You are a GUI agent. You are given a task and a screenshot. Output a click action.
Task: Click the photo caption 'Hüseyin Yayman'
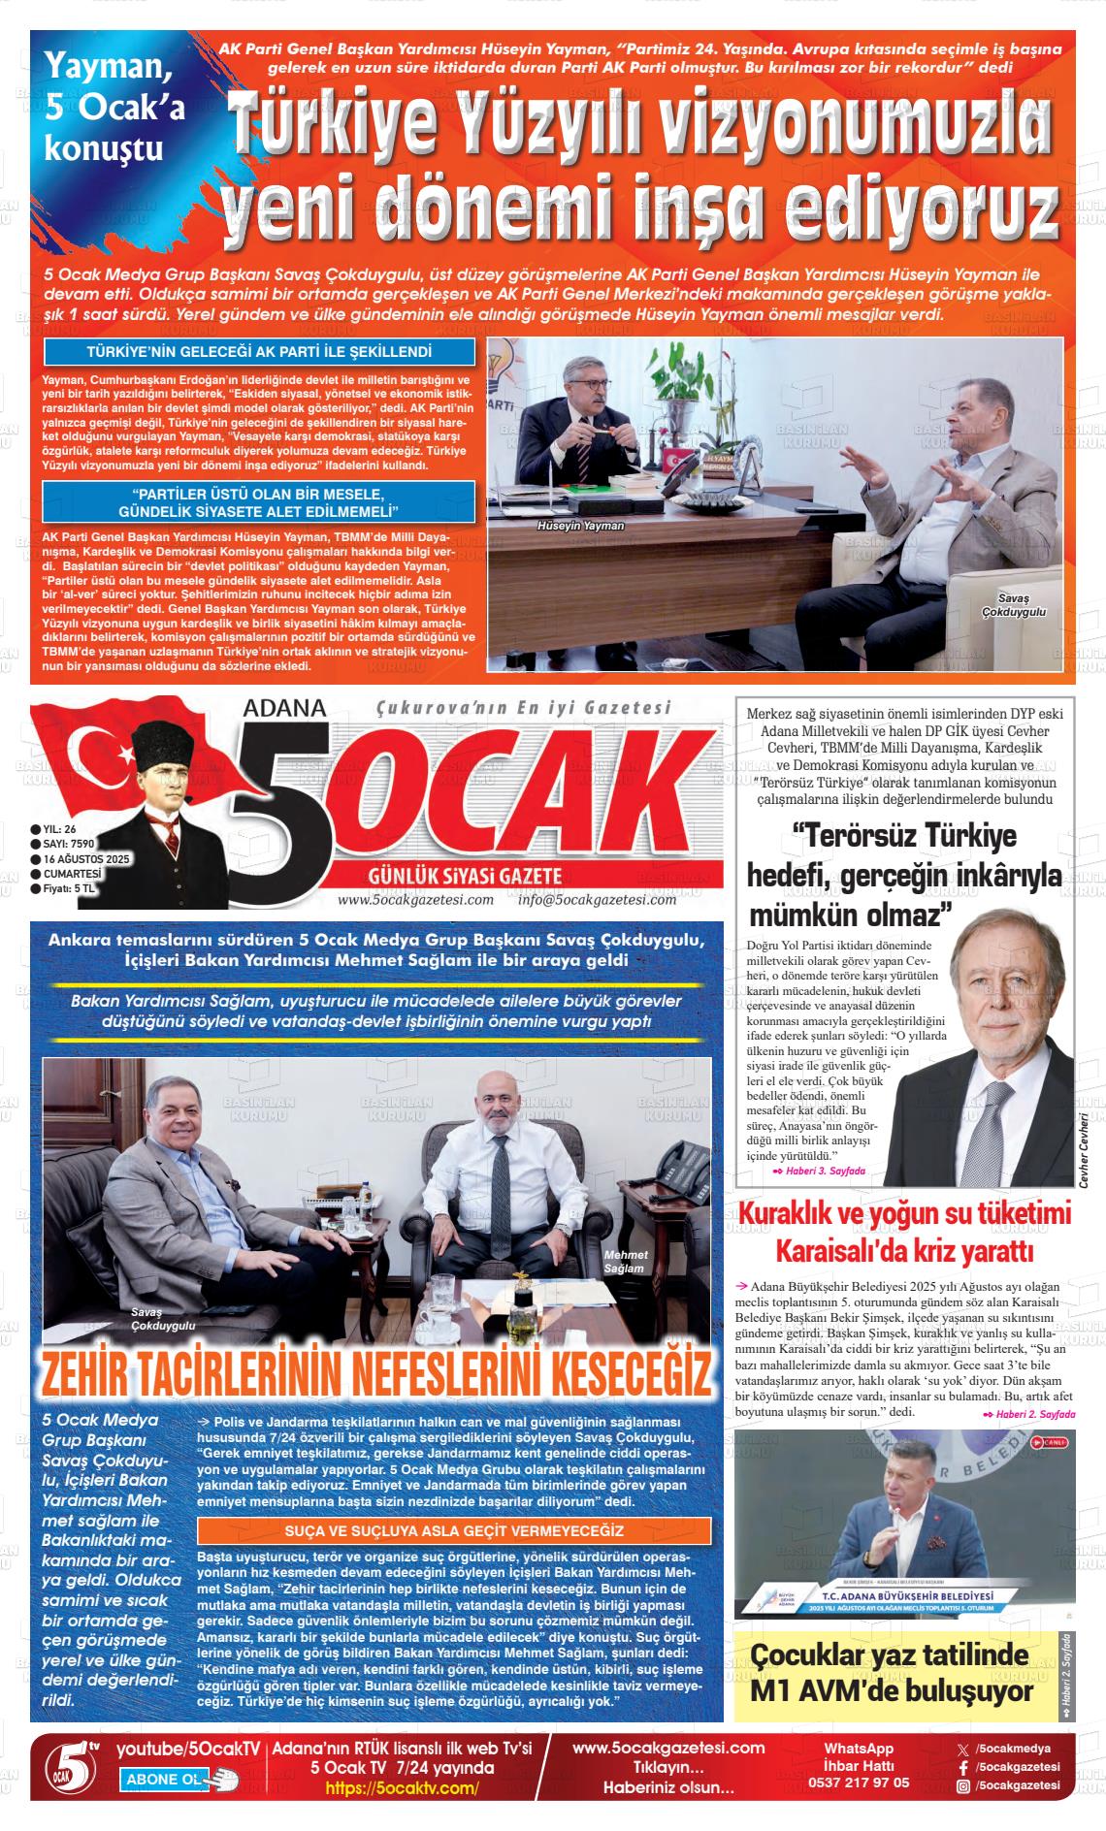coord(581,526)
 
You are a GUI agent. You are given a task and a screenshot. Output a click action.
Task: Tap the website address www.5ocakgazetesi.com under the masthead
coord(415,900)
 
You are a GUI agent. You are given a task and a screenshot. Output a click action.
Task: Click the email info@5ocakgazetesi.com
coord(597,900)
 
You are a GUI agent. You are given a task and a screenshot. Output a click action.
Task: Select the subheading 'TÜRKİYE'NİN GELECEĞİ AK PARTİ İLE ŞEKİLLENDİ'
coord(259,352)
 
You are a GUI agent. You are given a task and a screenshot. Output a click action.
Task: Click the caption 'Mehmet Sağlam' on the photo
coord(625,1262)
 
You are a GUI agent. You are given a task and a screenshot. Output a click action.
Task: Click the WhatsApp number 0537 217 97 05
coord(859,1783)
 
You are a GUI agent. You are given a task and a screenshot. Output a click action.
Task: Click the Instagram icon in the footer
coord(962,1785)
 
